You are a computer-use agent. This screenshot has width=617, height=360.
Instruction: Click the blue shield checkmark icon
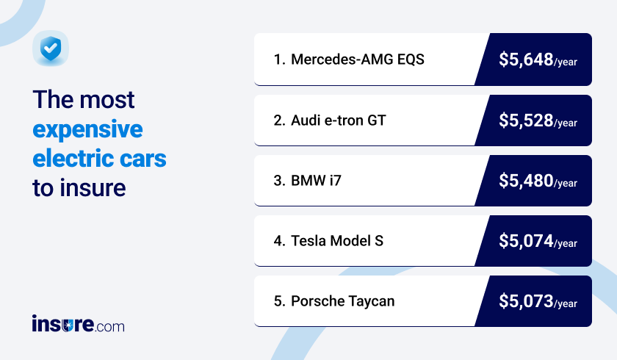click(x=51, y=49)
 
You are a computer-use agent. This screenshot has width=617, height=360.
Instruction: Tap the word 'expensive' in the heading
click(x=87, y=130)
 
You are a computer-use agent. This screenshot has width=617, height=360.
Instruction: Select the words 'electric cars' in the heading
click(x=99, y=158)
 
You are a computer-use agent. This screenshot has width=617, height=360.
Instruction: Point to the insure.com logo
click(x=78, y=324)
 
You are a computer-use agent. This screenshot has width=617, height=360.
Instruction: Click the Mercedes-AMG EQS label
click(x=357, y=60)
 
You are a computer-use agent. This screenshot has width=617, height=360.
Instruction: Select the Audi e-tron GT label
click(x=338, y=120)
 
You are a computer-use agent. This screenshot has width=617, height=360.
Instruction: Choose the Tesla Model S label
click(x=336, y=240)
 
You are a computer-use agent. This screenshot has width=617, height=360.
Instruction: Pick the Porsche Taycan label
click(x=342, y=300)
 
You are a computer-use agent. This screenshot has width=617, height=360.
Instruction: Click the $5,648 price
click(x=525, y=60)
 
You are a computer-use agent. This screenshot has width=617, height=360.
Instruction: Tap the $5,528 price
click(x=525, y=120)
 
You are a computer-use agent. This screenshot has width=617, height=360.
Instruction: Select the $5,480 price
click(x=525, y=180)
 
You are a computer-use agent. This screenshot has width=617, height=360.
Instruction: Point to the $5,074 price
click(x=525, y=240)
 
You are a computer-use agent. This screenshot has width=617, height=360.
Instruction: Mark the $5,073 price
click(x=525, y=300)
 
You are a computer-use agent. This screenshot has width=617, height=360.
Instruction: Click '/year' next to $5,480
click(x=566, y=183)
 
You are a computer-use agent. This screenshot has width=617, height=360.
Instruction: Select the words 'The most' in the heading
click(x=84, y=100)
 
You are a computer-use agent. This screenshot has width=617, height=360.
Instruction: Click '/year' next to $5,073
click(x=566, y=303)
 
